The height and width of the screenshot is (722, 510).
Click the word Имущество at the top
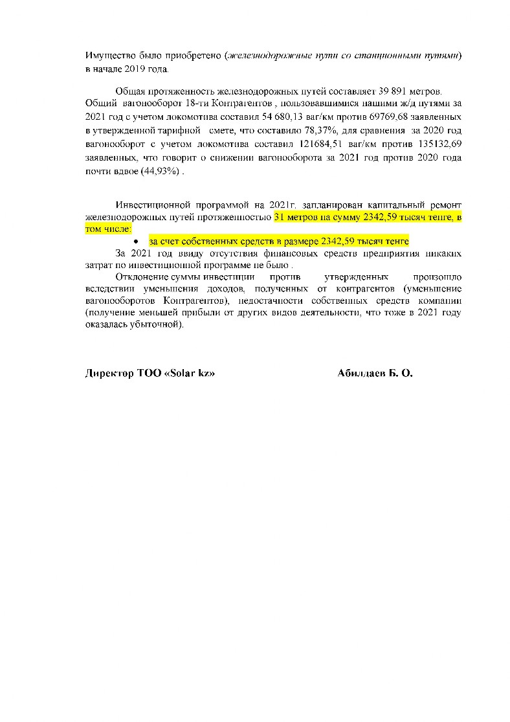tap(106, 56)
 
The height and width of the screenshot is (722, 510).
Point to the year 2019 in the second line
tap(146, 69)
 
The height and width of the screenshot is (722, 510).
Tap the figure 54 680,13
tap(293, 117)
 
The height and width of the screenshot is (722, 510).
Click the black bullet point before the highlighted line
tap(137, 242)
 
